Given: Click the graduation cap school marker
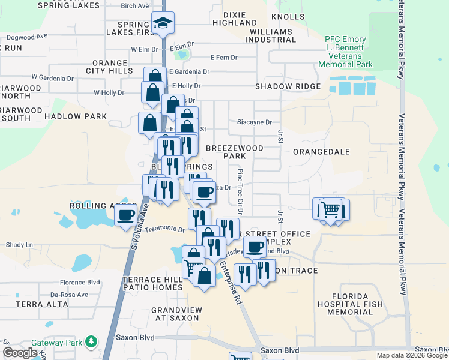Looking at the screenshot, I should click(x=163, y=23).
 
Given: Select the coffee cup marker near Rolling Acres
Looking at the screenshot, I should click(x=126, y=215).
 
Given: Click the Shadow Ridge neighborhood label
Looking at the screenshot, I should click(x=288, y=86).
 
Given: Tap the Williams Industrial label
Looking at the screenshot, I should click(x=272, y=35).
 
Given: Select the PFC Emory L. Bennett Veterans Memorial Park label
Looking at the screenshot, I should click(x=345, y=52).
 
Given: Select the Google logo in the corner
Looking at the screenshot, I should click(x=20, y=353).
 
